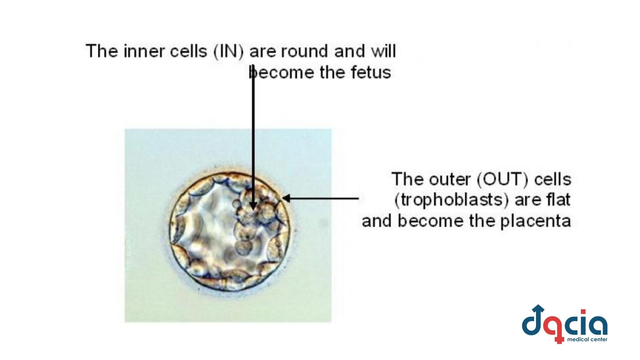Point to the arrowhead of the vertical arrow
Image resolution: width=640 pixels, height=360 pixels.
click(x=253, y=205)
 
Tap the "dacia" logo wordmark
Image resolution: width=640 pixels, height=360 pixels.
click(x=564, y=323)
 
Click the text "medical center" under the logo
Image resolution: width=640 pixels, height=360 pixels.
click(x=587, y=340)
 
